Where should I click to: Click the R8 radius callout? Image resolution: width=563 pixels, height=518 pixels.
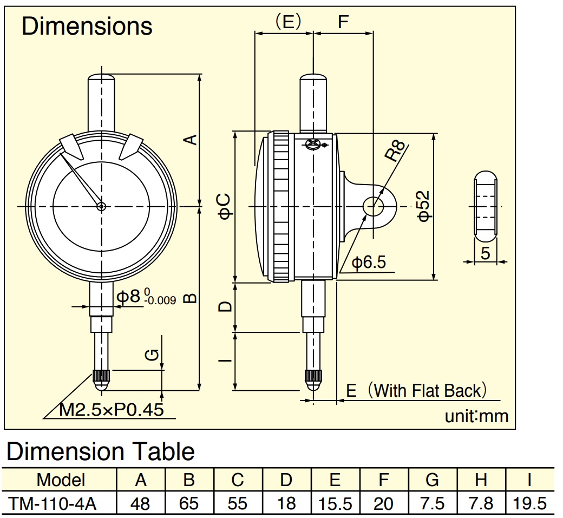(x=395, y=151)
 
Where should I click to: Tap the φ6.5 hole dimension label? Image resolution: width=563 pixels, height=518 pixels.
(x=369, y=263)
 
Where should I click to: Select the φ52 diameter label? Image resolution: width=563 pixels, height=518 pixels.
(x=424, y=206)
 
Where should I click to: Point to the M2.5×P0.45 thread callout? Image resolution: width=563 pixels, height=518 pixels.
(x=112, y=410)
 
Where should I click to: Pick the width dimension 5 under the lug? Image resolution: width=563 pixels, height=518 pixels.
(x=485, y=253)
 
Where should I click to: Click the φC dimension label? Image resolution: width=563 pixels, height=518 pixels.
(x=225, y=206)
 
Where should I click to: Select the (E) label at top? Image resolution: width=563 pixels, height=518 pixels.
(x=287, y=22)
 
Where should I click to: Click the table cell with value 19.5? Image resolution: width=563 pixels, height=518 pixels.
(x=529, y=503)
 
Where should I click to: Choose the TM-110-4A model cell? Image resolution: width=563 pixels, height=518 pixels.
(x=53, y=503)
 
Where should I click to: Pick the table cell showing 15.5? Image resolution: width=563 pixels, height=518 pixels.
(x=335, y=503)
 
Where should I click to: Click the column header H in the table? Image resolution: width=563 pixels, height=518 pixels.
(x=481, y=480)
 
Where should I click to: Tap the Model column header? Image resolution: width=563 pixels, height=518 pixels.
(x=61, y=480)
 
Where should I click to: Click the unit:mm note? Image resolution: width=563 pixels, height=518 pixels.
(x=476, y=416)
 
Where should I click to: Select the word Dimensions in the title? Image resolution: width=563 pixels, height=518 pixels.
(x=87, y=26)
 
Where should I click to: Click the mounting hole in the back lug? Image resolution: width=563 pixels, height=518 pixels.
(x=374, y=206)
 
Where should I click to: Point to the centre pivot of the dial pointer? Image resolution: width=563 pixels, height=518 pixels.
(x=101, y=206)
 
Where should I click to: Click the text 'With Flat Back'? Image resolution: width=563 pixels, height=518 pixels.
(x=427, y=391)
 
